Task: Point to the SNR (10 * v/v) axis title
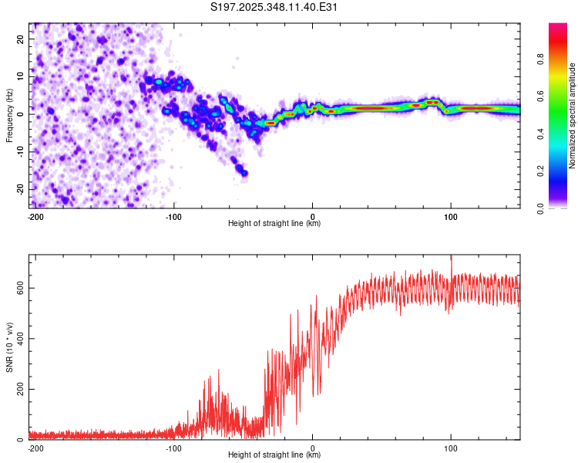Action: pos(9,346)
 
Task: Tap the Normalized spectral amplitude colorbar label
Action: pos(572,116)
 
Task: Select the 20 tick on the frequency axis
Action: pos(21,39)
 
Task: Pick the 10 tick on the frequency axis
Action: pos(21,76)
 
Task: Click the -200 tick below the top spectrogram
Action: pos(35,215)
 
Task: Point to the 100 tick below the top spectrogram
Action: pos(450,215)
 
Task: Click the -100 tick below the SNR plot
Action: pos(173,448)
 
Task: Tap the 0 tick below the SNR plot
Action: pos(312,448)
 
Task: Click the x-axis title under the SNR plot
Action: pos(274,455)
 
